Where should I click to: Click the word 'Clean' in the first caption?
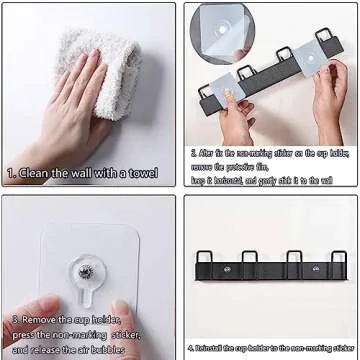tap(39, 174)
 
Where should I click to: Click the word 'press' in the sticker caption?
tap(28, 335)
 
